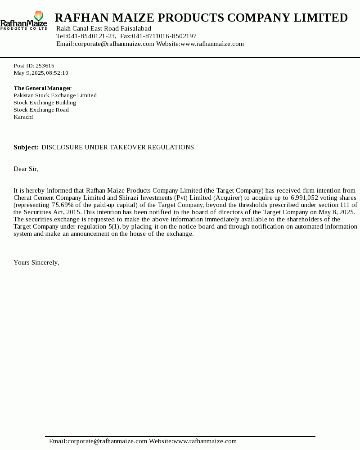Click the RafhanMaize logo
click(x=24, y=21)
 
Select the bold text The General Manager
click(x=42, y=88)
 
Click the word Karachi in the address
click(x=23, y=117)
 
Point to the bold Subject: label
click(x=26, y=148)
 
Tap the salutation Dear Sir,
click(x=26, y=169)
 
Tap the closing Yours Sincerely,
click(x=36, y=262)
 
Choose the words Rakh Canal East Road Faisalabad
click(x=103, y=28)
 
